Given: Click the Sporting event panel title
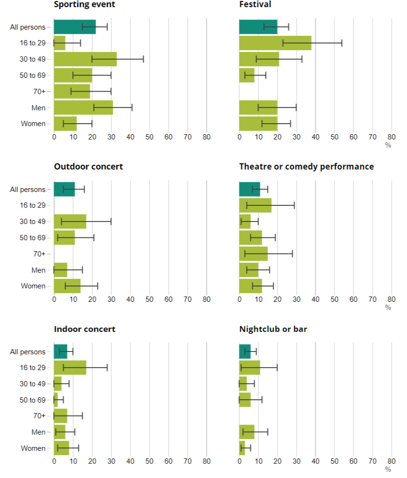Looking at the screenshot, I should [x=84, y=5].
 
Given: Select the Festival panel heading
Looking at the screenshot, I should [x=255, y=5].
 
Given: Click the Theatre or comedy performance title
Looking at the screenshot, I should [x=306, y=167].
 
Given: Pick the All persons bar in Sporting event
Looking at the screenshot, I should [x=75, y=27].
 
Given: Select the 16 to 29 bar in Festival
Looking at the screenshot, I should [x=275, y=43].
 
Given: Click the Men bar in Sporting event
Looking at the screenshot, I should [x=83, y=107].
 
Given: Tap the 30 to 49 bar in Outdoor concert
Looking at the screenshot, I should [x=70, y=222].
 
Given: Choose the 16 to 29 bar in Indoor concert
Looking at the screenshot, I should [x=70, y=368].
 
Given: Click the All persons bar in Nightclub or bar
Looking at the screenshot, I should [x=245, y=351].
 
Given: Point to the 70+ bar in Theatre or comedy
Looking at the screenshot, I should [x=253, y=254].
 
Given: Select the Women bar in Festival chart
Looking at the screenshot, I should [x=258, y=124].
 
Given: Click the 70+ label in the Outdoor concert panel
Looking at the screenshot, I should [x=39, y=254].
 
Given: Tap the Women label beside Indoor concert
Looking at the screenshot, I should [x=33, y=448].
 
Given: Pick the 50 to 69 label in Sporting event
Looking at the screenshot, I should [x=32, y=75].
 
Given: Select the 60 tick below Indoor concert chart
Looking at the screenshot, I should [x=168, y=462].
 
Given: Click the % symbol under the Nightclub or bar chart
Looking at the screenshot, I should [x=388, y=469].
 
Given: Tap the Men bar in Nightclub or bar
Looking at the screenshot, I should [x=246, y=432].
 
